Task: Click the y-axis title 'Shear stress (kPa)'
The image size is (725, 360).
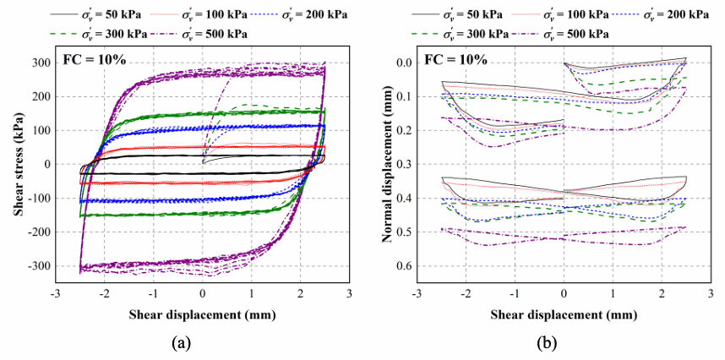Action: coord(16,165)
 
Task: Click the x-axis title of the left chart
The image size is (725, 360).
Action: coord(201,314)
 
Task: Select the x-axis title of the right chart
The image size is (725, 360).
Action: coord(564,314)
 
